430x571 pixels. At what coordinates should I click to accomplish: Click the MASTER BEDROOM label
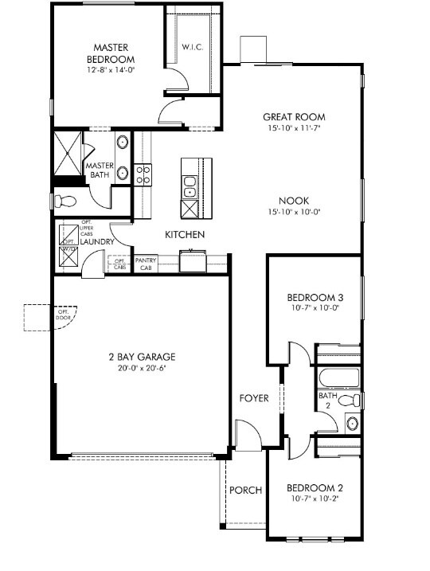pos(111,53)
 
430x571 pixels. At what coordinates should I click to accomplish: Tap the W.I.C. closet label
pos(193,47)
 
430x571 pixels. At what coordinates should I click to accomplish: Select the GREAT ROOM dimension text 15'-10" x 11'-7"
pos(294,128)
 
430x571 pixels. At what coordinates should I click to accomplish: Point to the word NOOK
pos(294,201)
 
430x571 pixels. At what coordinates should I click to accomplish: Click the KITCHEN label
pos(185,235)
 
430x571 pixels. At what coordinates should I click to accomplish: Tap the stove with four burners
pos(143,174)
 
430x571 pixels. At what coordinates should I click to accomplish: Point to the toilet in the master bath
pos(66,201)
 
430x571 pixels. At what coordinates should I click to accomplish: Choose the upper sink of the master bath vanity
pos(123,144)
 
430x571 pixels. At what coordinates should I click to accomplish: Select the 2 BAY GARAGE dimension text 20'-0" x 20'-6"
pos(142,368)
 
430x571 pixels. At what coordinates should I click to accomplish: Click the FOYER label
pos(254,398)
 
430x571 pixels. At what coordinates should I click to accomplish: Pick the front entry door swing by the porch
pos(248,436)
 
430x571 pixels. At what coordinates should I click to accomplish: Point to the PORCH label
pos(245,491)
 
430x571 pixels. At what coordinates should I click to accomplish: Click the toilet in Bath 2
pos(348,401)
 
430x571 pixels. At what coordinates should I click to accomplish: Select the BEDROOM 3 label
pos(314,299)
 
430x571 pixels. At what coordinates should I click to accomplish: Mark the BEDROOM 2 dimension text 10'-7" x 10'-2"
pos(314,499)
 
